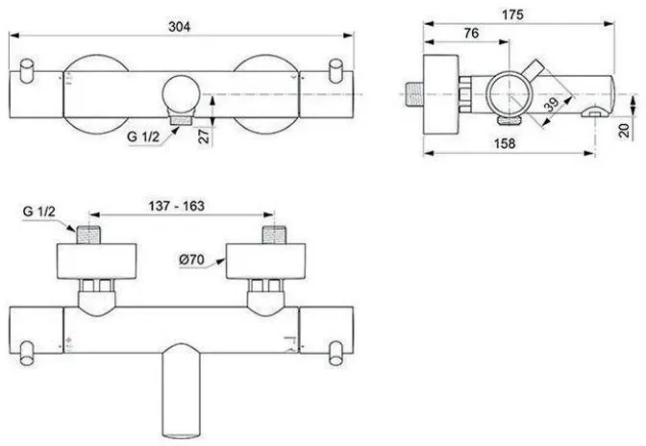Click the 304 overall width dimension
(x=180, y=26)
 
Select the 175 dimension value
(x=512, y=14)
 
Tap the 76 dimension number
(x=471, y=33)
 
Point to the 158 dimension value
(x=505, y=143)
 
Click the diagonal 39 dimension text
(x=552, y=105)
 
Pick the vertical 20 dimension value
(x=625, y=130)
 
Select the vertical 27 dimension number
(x=204, y=135)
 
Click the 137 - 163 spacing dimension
(x=176, y=206)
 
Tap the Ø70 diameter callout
(x=192, y=260)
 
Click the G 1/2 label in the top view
(x=143, y=136)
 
